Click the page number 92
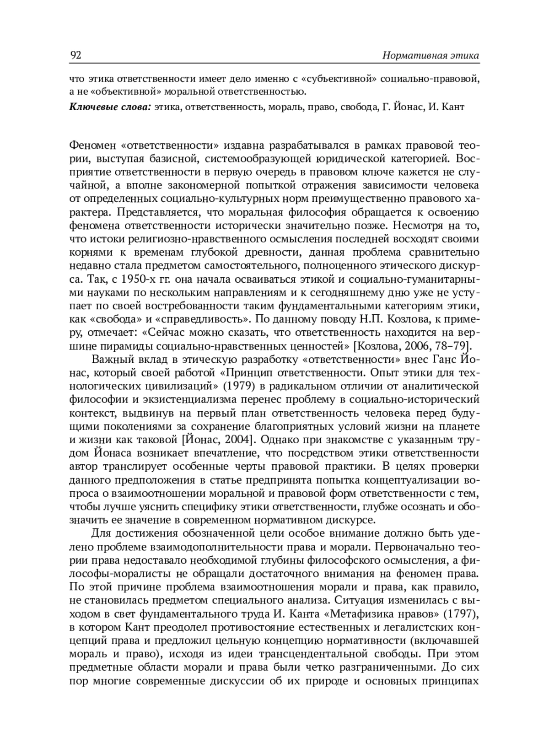[x=75, y=55]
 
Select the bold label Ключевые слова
[x=110, y=108]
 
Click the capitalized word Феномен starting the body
[x=93, y=146]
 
